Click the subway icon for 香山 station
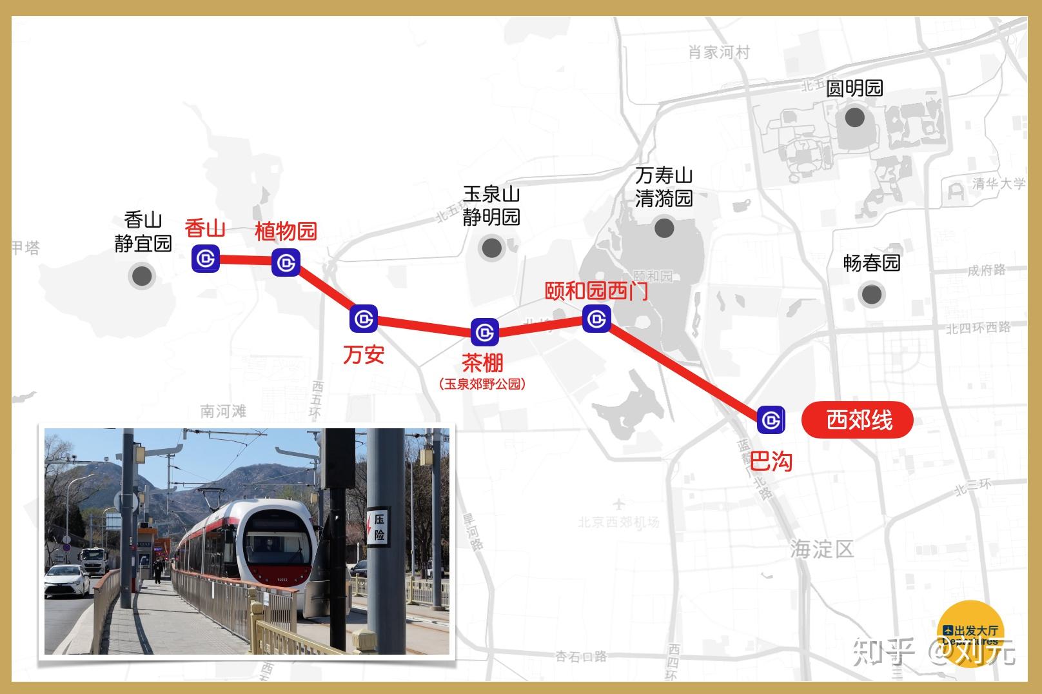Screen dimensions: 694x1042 click(x=206, y=259)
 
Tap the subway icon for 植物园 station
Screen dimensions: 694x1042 click(x=286, y=263)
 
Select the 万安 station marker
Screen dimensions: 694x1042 click(x=364, y=319)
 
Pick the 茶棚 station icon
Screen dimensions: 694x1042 click(x=484, y=333)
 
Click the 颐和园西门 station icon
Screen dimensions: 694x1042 click(x=596, y=319)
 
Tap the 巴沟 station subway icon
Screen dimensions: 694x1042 click(x=771, y=420)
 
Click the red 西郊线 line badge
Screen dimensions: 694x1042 click(x=857, y=421)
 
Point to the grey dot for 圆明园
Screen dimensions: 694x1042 click(x=855, y=117)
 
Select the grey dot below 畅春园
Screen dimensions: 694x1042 click(x=872, y=294)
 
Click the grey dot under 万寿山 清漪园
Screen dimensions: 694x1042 click(x=664, y=228)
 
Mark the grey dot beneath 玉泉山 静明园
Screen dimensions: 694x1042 click(x=492, y=248)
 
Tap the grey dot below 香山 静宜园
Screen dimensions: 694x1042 click(x=142, y=276)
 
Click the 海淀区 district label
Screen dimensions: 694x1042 click(x=821, y=550)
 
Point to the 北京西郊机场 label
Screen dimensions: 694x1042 click(x=618, y=522)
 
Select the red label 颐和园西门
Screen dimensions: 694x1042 click(x=596, y=291)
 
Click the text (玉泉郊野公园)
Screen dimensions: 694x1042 click(x=482, y=384)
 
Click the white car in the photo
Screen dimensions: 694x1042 click(x=66, y=580)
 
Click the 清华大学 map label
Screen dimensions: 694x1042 click(x=998, y=184)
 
